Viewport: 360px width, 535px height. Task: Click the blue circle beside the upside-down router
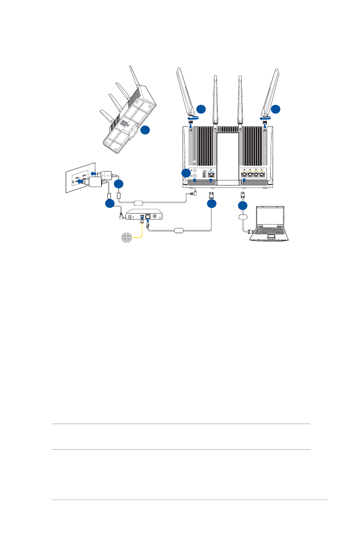point(146,130)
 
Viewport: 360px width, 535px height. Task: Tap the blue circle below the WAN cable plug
point(212,204)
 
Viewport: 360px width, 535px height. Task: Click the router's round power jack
point(195,176)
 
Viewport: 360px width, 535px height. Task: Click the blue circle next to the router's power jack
point(186,174)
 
